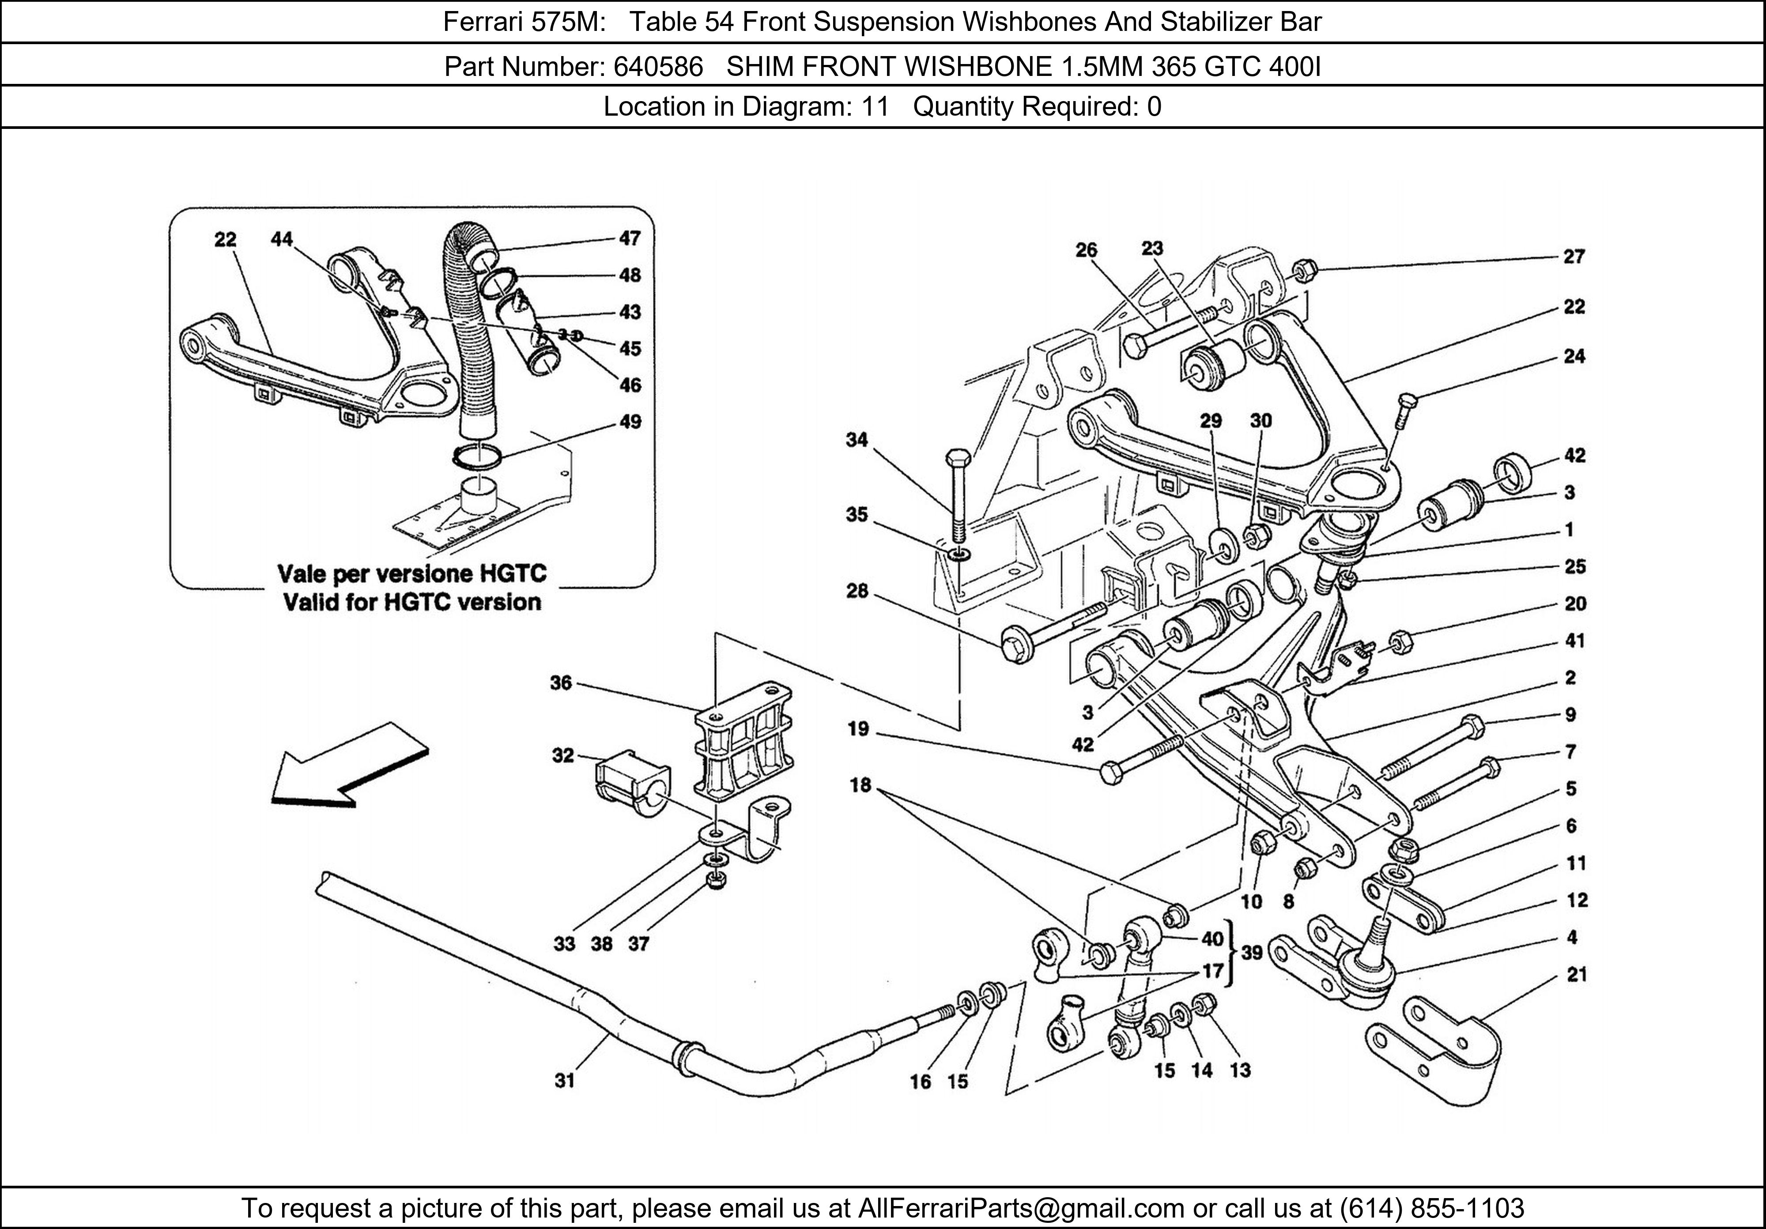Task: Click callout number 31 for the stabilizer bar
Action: tap(565, 1081)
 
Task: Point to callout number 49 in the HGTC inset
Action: tap(630, 422)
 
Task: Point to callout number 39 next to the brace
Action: tap(1251, 952)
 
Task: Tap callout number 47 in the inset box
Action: tap(630, 238)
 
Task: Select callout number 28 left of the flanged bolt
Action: tap(857, 591)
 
